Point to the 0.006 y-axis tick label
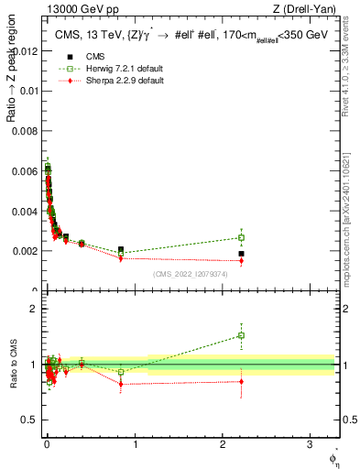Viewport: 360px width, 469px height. [24, 170]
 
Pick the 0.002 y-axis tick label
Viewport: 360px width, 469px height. [24, 251]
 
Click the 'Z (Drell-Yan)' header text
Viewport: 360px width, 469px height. [310, 10]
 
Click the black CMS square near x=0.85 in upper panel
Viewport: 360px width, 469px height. [121, 249]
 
